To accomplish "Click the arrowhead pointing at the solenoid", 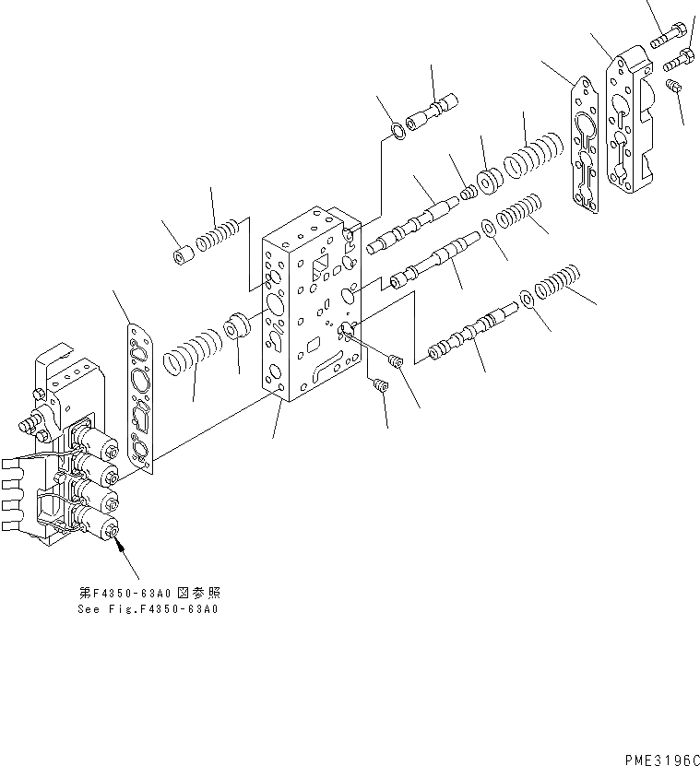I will [117, 546].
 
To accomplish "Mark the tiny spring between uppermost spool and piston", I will [470, 191].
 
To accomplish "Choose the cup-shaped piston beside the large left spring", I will [238, 327].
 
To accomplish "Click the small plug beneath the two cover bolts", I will [675, 88].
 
